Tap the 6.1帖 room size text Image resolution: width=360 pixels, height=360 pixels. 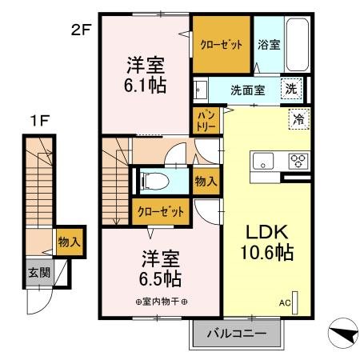(145, 85)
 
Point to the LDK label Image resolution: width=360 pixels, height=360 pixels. (262, 232)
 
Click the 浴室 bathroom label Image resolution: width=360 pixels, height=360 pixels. (268, 45)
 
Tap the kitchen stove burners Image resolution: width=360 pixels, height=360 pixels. (298, 160)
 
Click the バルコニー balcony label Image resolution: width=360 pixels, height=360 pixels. (237, 333)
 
